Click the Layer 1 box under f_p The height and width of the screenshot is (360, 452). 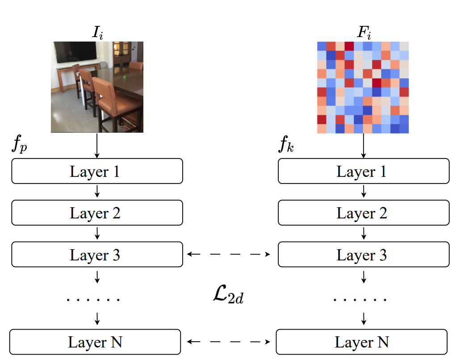tap(97, 171)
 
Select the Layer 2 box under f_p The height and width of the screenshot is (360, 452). tap(97, 213)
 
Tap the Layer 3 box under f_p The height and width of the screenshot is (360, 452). tap(97, 255)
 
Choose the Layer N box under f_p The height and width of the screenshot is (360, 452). tap(95, 342)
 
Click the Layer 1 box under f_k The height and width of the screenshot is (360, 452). tap(363, 171)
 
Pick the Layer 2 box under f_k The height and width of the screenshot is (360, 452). tap(363, 213)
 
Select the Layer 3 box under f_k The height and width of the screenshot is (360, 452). tap(363, 255)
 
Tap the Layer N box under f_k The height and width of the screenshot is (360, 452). tap(362, 342)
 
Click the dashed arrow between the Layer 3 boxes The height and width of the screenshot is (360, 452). tap(230, 255)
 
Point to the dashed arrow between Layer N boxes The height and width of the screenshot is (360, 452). tap(230, 342)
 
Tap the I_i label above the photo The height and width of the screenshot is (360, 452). tap(97, 32)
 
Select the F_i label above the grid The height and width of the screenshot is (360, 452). tap(363, 32)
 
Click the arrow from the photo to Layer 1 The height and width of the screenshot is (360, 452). tap(97, 146)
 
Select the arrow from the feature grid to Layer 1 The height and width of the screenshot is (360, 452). tap(363, 146)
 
